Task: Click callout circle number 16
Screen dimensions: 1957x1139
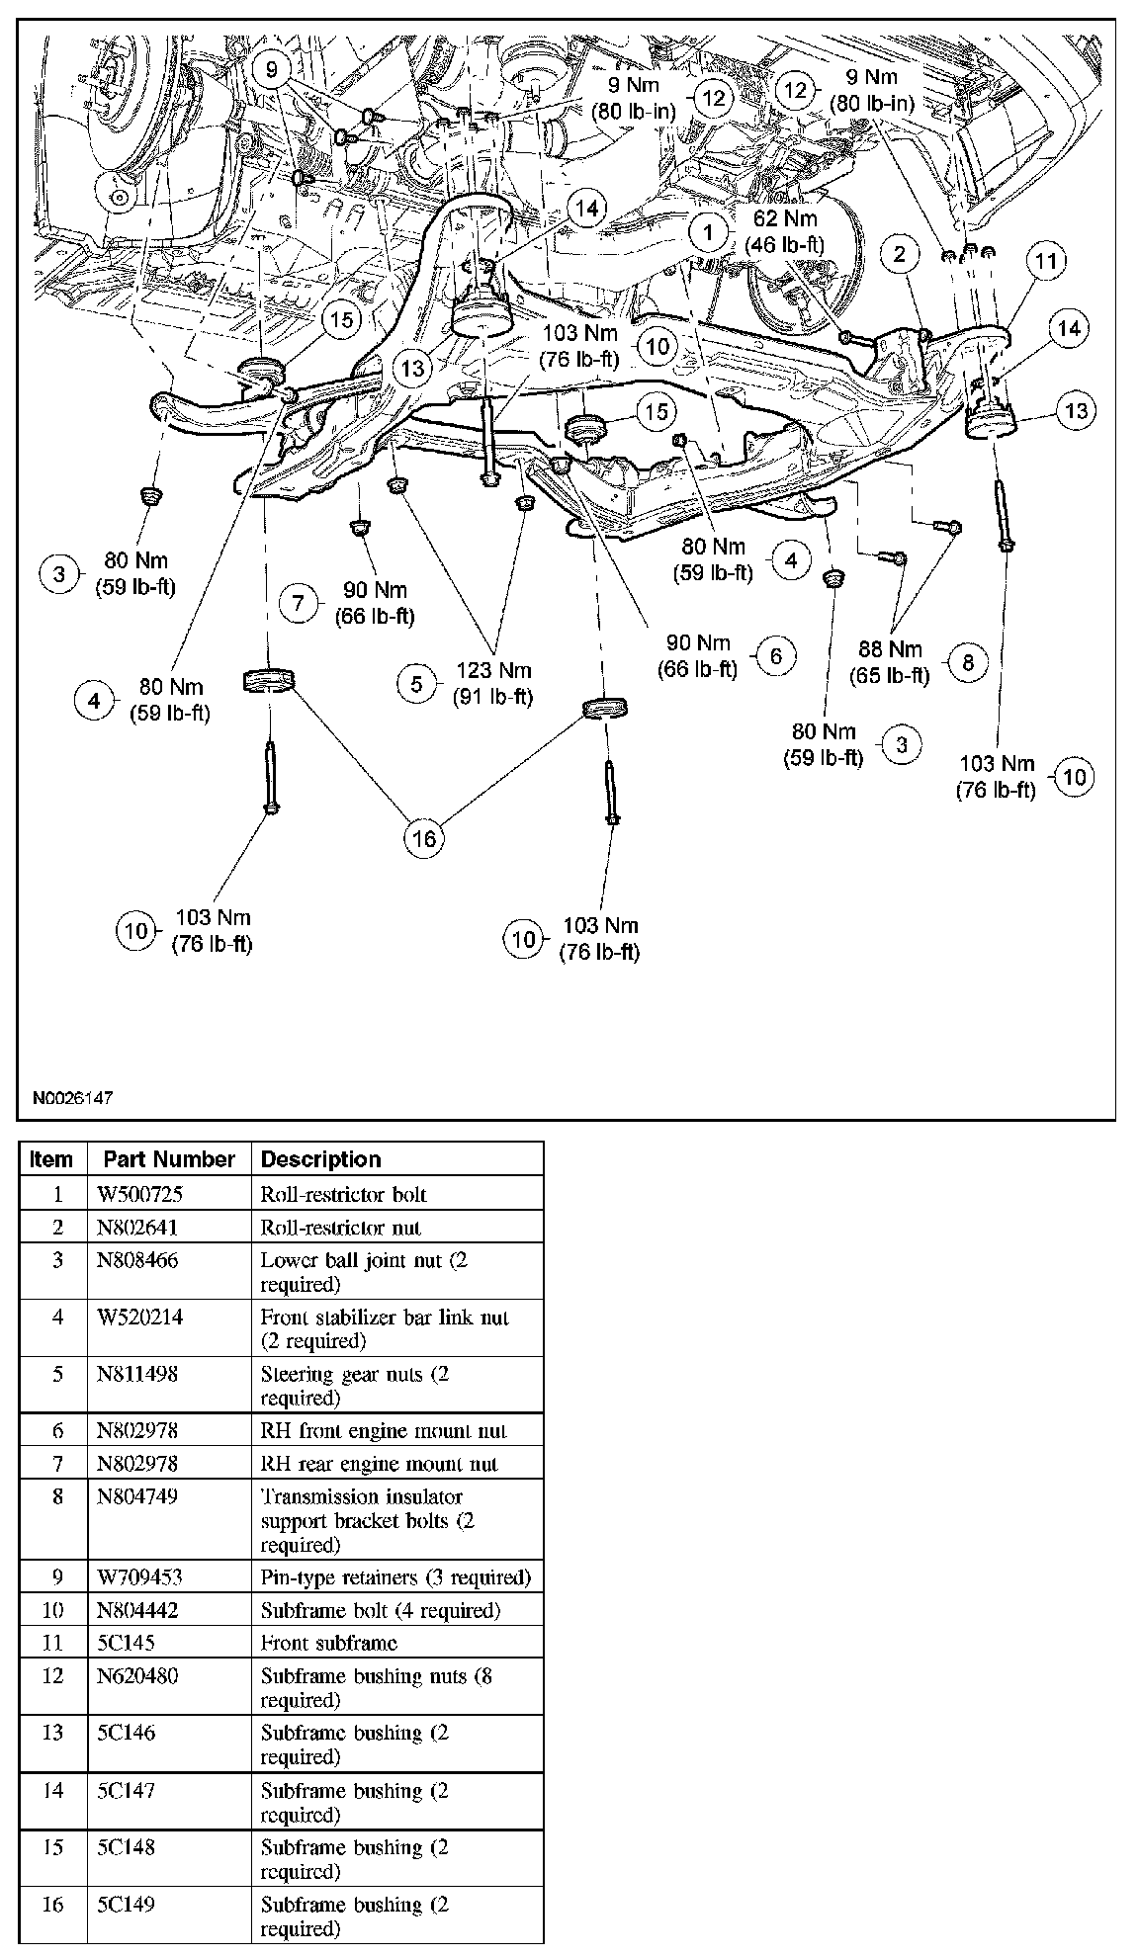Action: [423, 838]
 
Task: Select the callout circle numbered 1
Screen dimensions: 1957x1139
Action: [708, 233]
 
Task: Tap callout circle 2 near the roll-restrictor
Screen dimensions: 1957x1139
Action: [899, 254]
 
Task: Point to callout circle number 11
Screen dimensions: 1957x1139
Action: [1046, 261]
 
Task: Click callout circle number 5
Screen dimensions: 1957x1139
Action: [416, 683]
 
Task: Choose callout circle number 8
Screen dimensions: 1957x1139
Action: [967, 662]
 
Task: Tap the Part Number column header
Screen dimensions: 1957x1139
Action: [169, 1159]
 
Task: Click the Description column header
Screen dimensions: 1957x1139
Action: [320, 1159]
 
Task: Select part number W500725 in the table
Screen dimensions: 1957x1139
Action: [139, 1194]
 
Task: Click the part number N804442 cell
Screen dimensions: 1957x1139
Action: [137, 1610]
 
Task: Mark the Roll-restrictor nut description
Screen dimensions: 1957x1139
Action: [340, 1228]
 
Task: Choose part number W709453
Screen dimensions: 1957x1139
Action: [138, 1577]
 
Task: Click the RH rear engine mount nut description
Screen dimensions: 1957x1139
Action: [379, 1464]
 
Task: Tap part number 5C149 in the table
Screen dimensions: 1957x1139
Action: [126, 1905]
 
